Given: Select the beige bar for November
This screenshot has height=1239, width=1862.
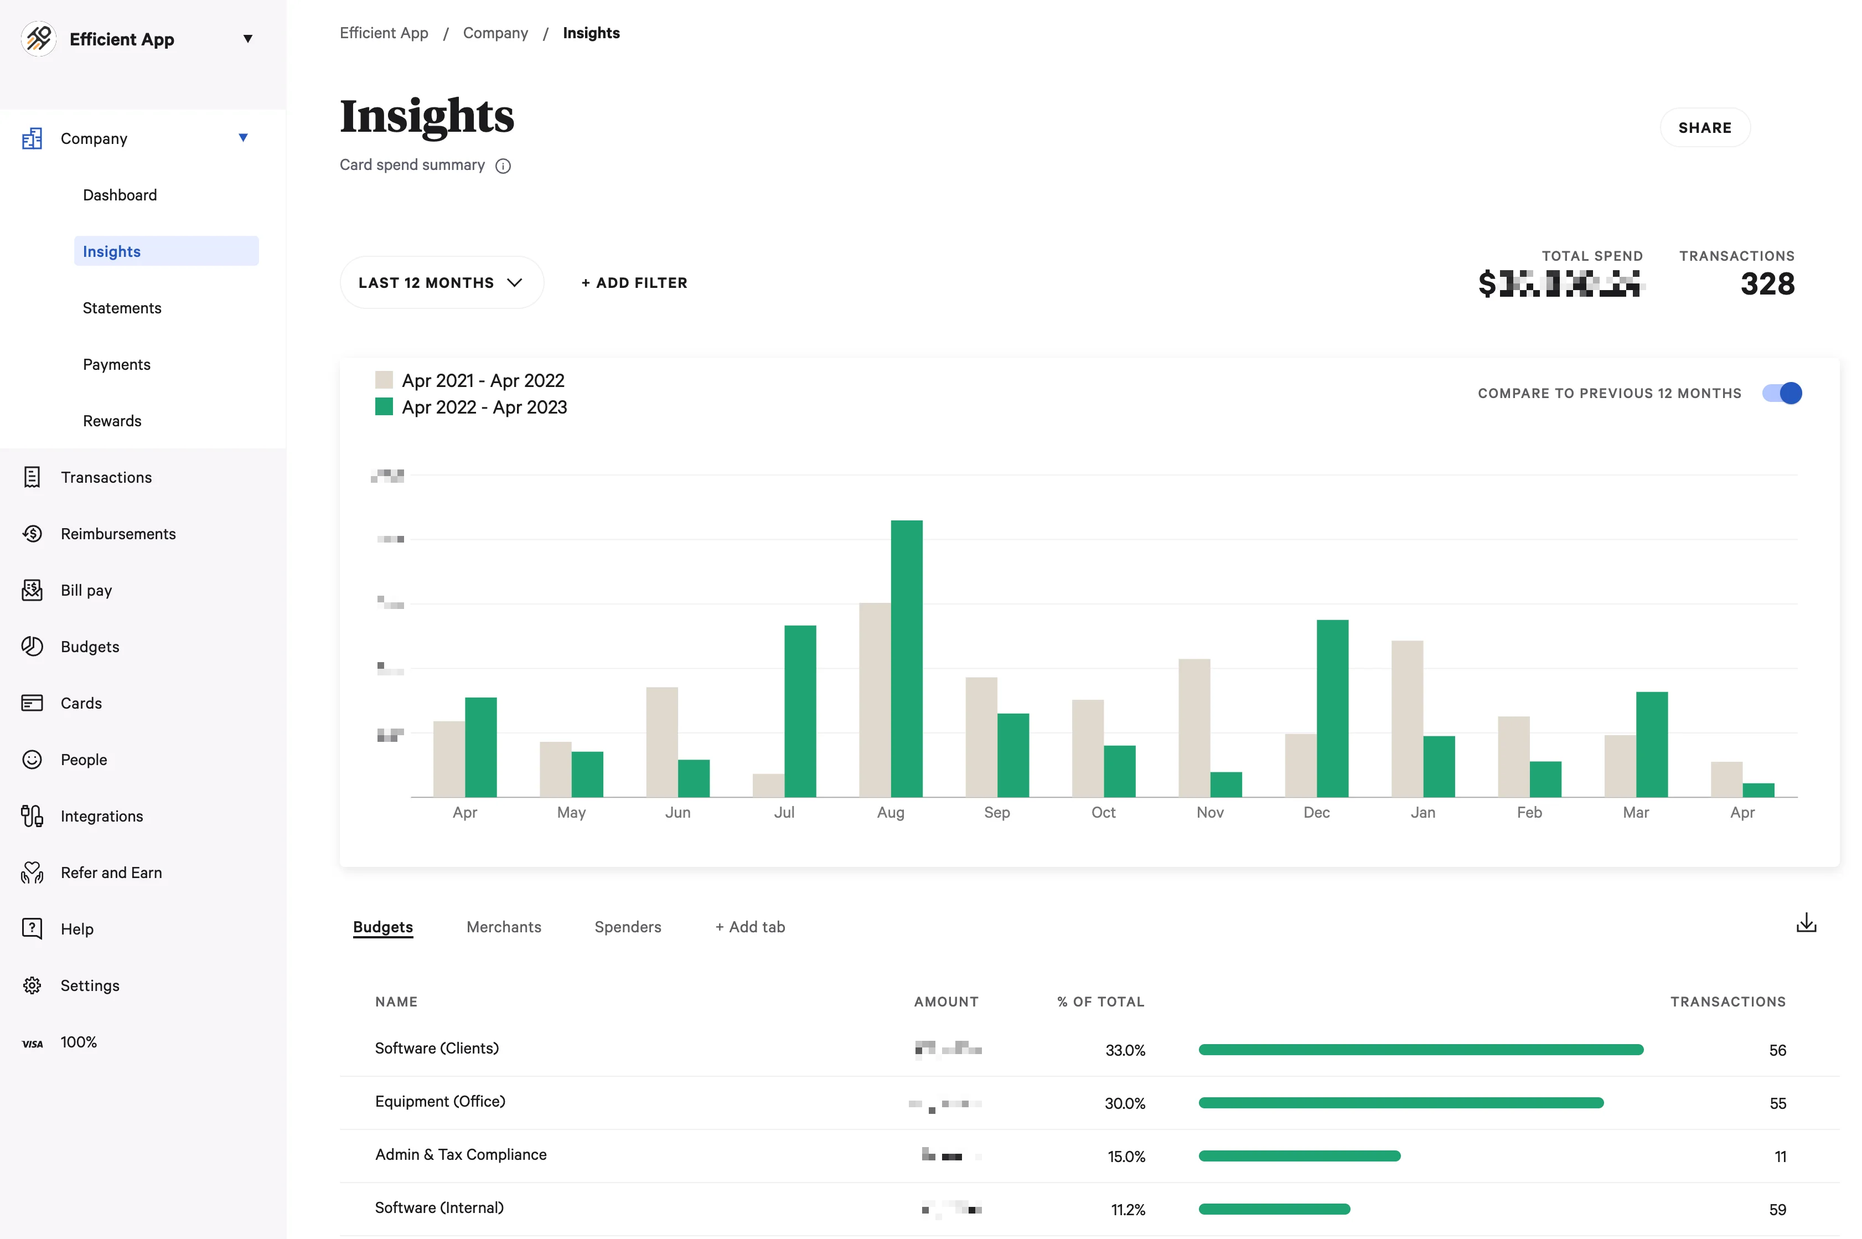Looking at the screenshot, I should pyautogui.click(x=1194, y=728).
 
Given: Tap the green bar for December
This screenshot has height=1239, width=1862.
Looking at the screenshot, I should pyautogui.click(x=1332, y=708).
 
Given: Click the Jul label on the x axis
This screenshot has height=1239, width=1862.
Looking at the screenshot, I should pyautogui.click(x=784, y=812).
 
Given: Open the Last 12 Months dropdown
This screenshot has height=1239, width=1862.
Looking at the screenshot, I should pyautogui.click(x=441, y=283).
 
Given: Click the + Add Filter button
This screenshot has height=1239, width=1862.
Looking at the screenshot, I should pyautogui.click(x=634, y=283).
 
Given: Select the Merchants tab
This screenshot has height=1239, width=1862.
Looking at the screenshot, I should pyautogui.click(x=503, y=927).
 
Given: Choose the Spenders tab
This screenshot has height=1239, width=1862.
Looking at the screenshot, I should pyautogui.click(x=627, y=927).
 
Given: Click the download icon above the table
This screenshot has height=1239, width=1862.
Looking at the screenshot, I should pyautogui.click(x=1806, y=923).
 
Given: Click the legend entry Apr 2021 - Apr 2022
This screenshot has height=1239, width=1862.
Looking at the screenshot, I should pyautogui.click(x=483, y=380).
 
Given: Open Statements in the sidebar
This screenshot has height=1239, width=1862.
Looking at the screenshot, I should pyautogui.click(x=122, y=308).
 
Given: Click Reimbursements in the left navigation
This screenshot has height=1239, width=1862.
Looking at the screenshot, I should pyautogui.click(x=118, y=534).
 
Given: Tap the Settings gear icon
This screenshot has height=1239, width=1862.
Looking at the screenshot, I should pyautogui.click(x=32, y=985).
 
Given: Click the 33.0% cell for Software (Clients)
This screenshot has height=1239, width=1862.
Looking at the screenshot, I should pyautogui.click(x=1124, y=1050).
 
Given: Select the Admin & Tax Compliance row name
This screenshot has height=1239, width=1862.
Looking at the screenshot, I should pyautogui.click(x=461, y=1154).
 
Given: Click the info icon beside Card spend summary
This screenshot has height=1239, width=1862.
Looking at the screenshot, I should pyautogui.click(x=503, y=166).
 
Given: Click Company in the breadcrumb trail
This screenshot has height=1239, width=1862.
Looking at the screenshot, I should pyautogui.click(x=495, y=33).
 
